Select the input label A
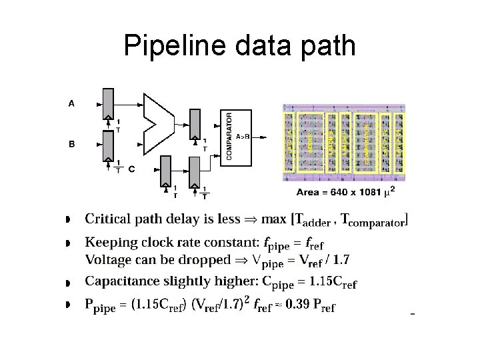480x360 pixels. coord(71,103)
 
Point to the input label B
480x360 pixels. coord(71,143)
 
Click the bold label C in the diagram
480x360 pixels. coord(131,169)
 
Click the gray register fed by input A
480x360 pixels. coord(108,101)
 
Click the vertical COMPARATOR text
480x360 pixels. coord(230,136)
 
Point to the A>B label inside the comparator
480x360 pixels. coord(243,136)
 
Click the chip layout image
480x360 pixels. coord(343,142)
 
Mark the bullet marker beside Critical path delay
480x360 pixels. coord(68,220)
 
